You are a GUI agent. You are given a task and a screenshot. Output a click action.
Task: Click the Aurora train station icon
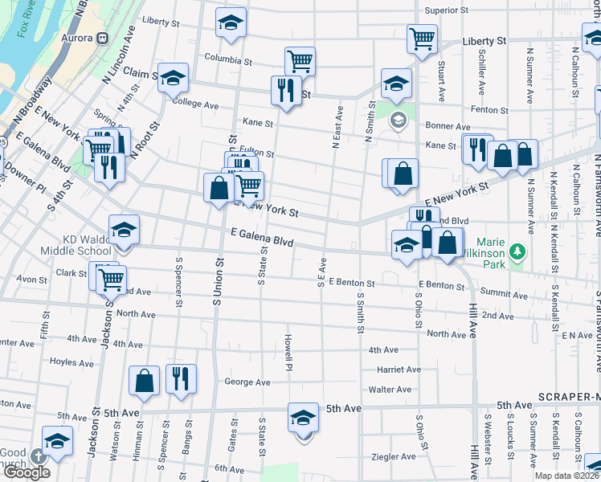(x=103, y=39)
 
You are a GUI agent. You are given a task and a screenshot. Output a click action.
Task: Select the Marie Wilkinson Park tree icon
(x=518, y=251)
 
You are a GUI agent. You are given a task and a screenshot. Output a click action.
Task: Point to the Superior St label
(x=447, y=10)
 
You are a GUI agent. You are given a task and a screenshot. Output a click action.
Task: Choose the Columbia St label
(x=228, y=59)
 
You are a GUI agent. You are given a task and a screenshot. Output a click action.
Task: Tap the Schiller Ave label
(x=482, y=72)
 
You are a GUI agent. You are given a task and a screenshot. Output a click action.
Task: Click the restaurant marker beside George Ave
(x=181, y=378)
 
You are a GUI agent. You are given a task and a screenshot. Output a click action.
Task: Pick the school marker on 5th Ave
(x=303, y=418)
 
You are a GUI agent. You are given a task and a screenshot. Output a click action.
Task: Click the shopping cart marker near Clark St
(x=110, y=280)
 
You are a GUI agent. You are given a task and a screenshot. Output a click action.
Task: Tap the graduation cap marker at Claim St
(x=173, y=78)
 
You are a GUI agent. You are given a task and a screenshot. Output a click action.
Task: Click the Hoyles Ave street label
(x=72, y=361)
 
